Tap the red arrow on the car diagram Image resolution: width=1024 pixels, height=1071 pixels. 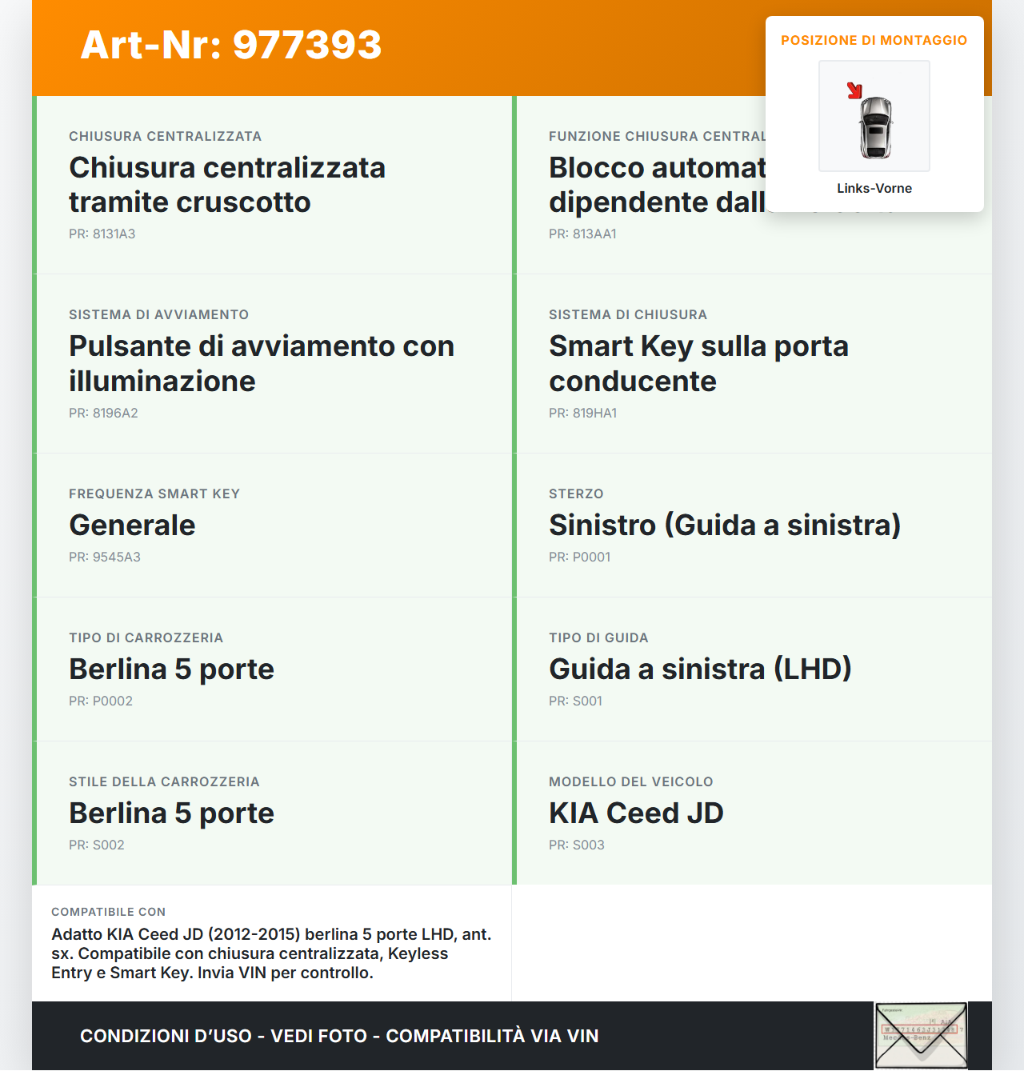pyautogui.click(x=854, y=90)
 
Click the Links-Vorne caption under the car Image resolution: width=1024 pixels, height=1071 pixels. pyautogui.click(x=874, y=188)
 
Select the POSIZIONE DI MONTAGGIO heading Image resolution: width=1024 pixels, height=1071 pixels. pyautogui.click(x=874, y=40)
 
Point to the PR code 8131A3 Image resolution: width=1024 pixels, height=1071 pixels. pyautogui.click(x=102, y=234)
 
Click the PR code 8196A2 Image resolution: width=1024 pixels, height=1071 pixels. pyautogui.click(x=103, y=413)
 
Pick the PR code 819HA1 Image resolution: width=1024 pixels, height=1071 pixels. pyautogui.click(x=582, y=413)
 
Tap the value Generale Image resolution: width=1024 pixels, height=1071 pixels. pyautogui.click(x=132, y=525)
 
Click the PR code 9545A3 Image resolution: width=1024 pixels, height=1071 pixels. pyautogui.click(x=104, y=557)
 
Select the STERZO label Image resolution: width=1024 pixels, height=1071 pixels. pyautogui.click(x=576, y=494)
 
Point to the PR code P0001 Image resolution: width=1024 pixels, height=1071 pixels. pyautogui.click(x=579, y=557)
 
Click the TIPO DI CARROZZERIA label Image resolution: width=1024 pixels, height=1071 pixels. pyautogui.click(x=146, y=637)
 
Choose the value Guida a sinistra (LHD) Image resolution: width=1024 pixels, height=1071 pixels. pyautogui.click(x=700, y=669)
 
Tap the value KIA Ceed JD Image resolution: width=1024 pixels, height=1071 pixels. pyautogui.click(x=636, y=813)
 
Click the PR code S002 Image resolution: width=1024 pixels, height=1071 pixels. pyautogui.click(x=96, y=845)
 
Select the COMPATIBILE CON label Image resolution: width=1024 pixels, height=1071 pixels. pyautogui.click(x=108, y=912)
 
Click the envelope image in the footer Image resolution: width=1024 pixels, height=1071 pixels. pyautogui.click(x=920, y=1036)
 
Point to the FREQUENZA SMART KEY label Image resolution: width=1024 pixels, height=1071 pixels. pyautogui.click(x=154, y=494)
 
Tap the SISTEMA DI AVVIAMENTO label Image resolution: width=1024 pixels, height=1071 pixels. pyautogui.click(x=158, y=314)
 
